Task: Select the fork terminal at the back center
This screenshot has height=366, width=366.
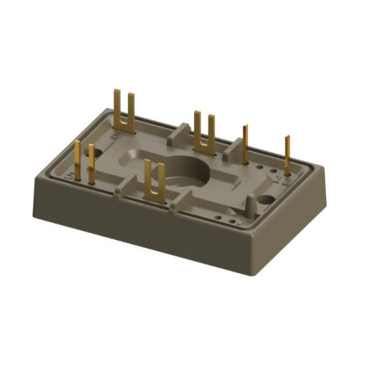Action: [x=204, y=131]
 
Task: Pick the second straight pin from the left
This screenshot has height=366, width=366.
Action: [x=91, y=163]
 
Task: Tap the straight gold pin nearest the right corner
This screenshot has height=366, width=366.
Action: [x=287, y=156]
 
